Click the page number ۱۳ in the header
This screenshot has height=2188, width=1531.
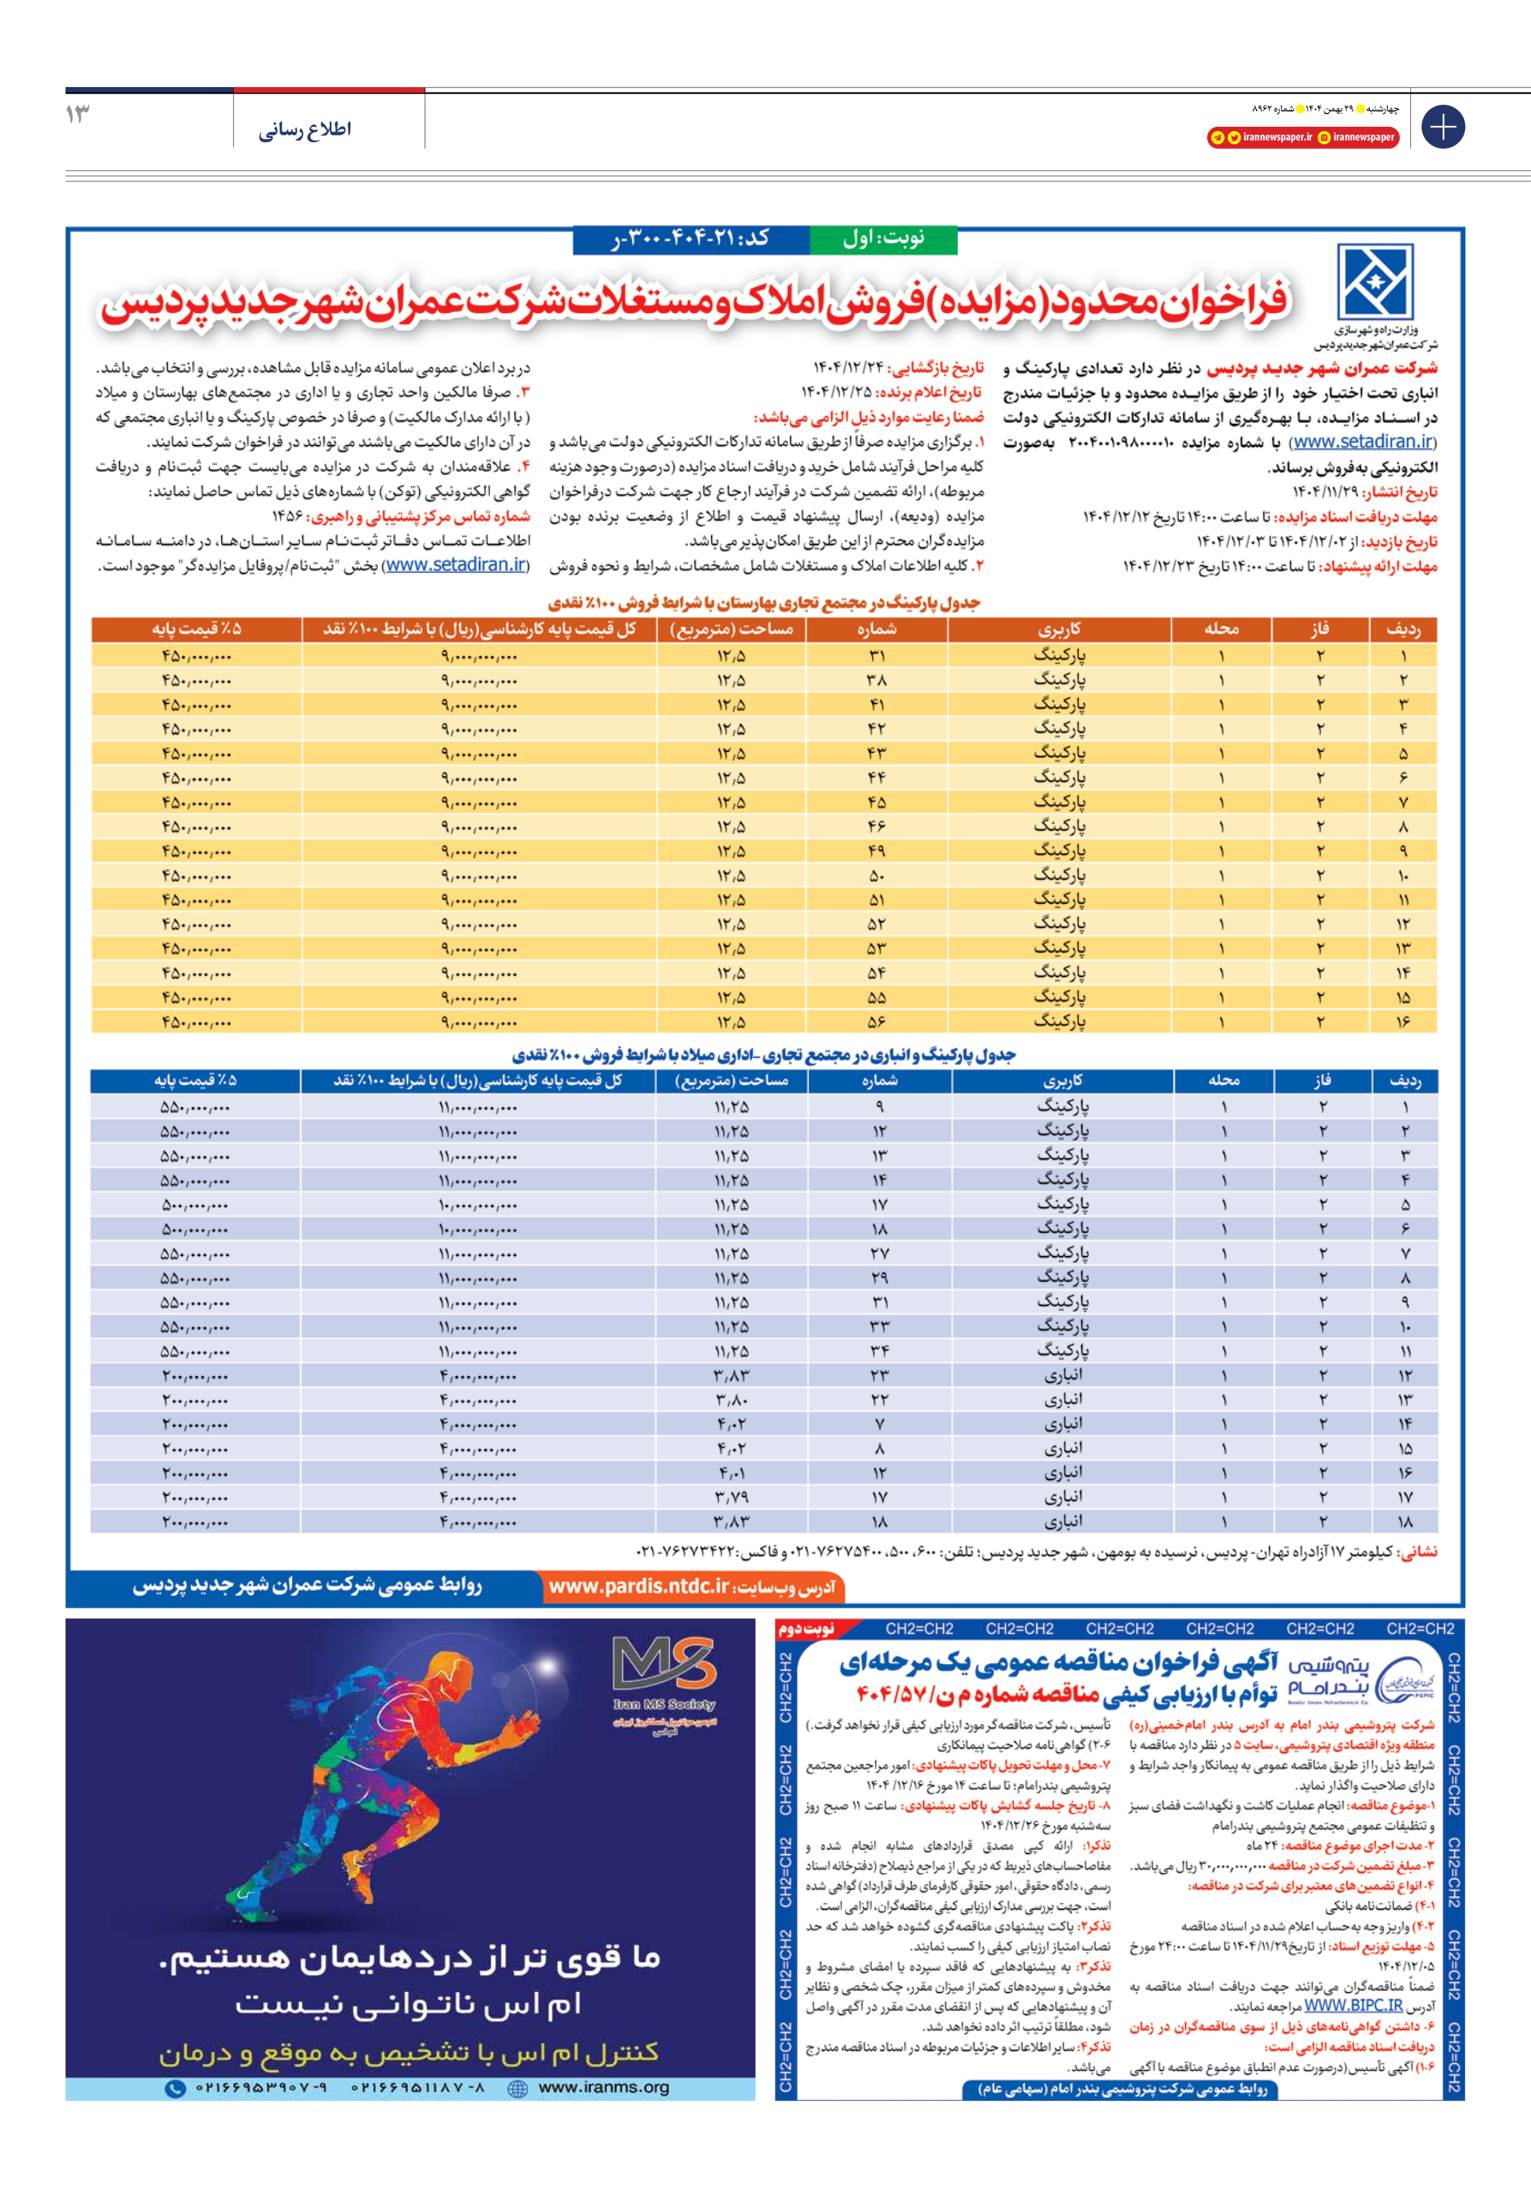click(x=78, y=115)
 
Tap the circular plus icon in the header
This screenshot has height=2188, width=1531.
click(x=1442, y=127)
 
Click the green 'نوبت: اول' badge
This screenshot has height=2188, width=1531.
click(x=883, y=239)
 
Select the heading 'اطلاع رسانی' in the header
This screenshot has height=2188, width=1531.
click(x=305, y=130)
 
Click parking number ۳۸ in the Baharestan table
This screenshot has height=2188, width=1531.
click(x=876, y=680)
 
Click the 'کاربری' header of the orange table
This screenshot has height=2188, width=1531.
click(x=1059, y=629)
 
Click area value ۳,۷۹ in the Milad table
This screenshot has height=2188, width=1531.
click(x=732, y=1497)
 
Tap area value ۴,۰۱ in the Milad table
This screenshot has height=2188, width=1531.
click(x=732, y=1474)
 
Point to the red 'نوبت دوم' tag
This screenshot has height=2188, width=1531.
click(x=806, y=1629)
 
